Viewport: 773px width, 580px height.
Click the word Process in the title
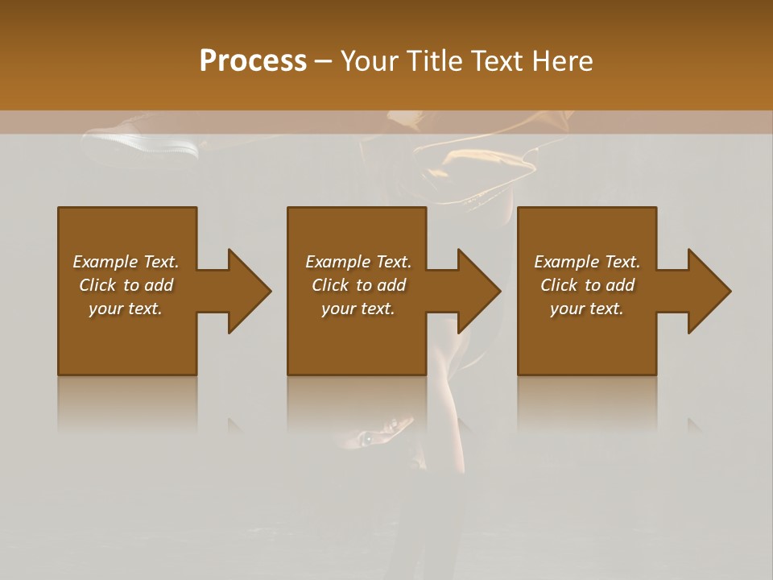click(x=253, y=61)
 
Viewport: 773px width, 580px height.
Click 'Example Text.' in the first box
click(x=126, y=262)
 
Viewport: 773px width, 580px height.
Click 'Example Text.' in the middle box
click(x=358, y=262)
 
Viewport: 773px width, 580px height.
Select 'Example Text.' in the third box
click(x=587, y=262)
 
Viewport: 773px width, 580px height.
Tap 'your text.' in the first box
click(x=126, y=309)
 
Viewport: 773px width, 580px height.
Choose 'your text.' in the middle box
click(x=358, y=309)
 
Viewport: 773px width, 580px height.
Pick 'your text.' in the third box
click(x=587, y=309)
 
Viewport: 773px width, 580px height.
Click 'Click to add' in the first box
click(x=126, y=285)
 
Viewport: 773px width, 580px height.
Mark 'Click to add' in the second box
click(x=358, y=285)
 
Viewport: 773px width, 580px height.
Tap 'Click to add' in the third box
click(x=587, y=285)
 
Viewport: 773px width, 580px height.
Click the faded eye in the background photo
click(x=367, y=437)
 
